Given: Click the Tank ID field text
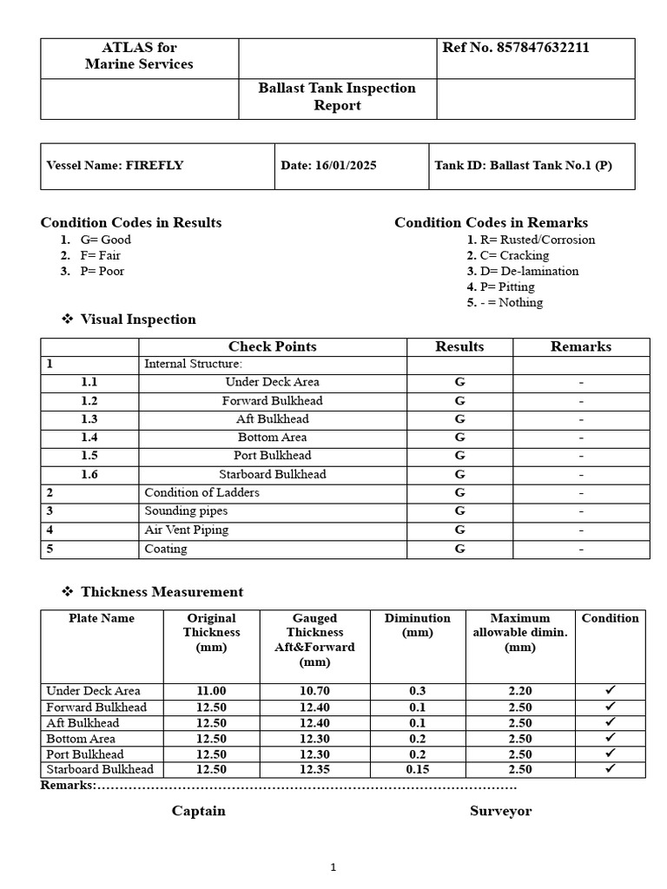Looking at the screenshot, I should [523, 165].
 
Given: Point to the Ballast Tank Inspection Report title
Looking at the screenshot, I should [337, 96].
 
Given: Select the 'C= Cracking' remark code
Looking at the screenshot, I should [513, 255].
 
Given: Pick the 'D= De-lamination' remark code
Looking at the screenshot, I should [528, 271].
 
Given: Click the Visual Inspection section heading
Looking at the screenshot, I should [138, 319].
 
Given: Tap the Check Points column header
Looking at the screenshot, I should [272, 346].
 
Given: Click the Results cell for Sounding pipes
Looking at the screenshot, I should [459, 511].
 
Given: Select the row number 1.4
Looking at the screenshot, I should [89, 438].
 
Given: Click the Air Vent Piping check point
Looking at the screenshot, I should [187, 530].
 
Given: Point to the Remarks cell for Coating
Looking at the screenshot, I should [581, 549].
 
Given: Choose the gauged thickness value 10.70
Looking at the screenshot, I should [314, 691].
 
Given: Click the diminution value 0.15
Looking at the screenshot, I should [418, 769].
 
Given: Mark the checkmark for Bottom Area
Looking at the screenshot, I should [610, 738].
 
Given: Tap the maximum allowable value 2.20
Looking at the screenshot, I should [520, 691].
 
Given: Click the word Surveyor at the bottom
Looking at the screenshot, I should [500, 811].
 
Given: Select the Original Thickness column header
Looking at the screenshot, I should [211, 632].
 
